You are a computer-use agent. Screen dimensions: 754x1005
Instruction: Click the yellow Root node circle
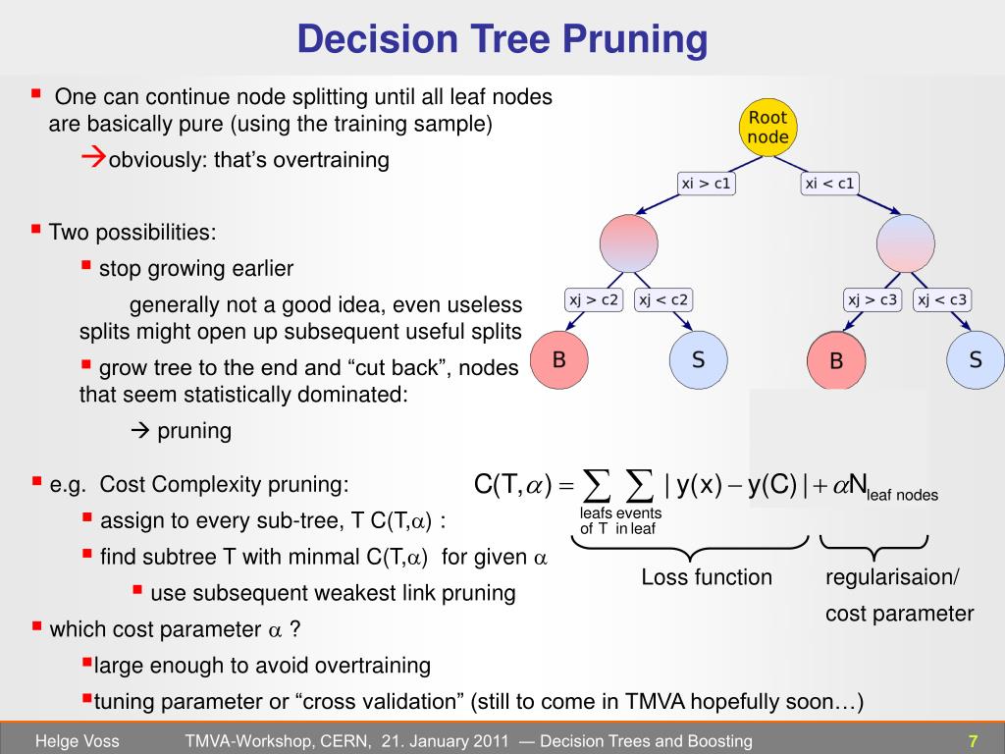767,128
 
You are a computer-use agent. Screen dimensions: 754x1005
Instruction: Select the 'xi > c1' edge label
707,184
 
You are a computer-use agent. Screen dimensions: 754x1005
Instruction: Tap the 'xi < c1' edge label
829,184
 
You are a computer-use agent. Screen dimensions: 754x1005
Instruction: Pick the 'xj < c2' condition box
663,300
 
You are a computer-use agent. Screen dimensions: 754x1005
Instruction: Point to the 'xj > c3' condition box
873,300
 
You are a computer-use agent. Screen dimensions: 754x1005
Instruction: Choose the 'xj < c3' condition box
942,300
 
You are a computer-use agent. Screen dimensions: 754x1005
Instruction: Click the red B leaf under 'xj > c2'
558,359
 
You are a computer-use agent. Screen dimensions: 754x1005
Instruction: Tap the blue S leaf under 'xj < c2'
698,359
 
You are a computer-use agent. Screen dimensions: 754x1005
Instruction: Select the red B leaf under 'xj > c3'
836,360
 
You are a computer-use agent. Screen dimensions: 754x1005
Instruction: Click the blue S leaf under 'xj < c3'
976,359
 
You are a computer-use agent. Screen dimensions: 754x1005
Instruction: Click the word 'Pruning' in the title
635,40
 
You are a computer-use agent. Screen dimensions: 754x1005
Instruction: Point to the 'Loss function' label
707,577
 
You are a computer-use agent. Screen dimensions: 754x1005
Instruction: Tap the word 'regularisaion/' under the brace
891,577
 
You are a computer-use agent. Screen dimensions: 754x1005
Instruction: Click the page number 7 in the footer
973,741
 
